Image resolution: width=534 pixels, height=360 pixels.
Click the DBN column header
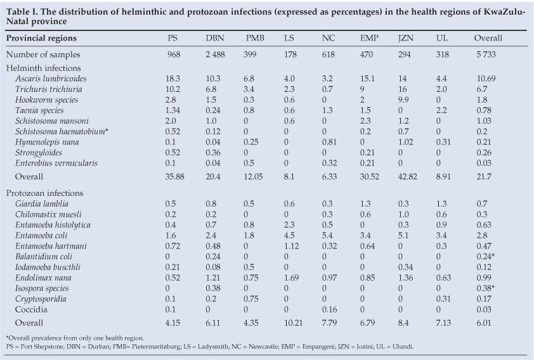pos(215,38)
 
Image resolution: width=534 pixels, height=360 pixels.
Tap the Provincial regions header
pos(42,38)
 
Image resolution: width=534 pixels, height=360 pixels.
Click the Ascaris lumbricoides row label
pos(51,78)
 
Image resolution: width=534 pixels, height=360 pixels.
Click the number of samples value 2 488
pos(215,56)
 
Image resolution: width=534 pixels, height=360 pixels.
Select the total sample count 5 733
pos(488,56)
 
